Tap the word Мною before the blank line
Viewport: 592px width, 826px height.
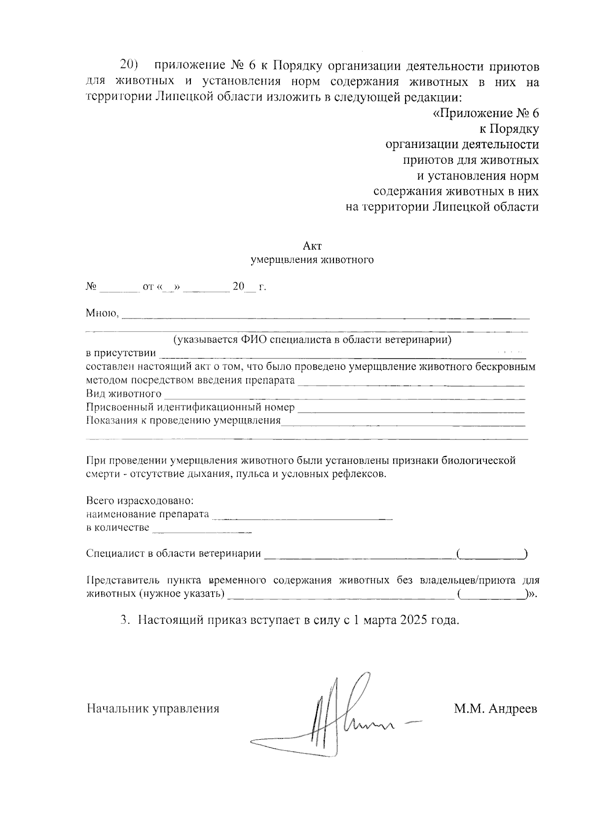coord(102,313)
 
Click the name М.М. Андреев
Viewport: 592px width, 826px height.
coord(496,709)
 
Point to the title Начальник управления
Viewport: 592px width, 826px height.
coord(153,709)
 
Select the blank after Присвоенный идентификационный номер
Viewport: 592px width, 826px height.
coord(411,409)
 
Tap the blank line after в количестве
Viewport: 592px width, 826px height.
coord(202,531)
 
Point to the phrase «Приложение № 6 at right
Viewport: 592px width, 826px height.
coord(485,114)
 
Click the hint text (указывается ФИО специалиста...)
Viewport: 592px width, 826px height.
coord(312,340)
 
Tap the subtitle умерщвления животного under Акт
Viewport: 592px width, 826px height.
coord(312,260)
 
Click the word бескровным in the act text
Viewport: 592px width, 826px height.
coord(509,367)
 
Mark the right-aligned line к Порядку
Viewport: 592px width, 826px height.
coord(509,129)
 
